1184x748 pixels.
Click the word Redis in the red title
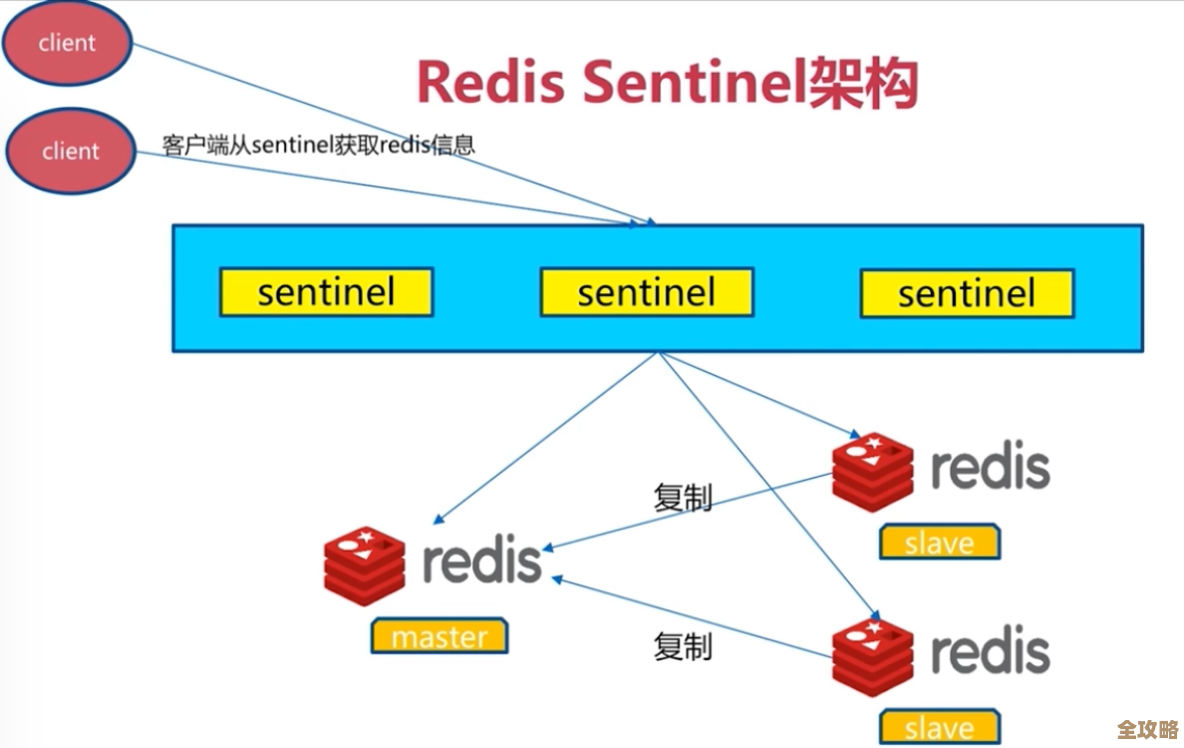click(491, 83)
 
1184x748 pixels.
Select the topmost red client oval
click(67, 44)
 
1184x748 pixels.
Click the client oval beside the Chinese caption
click(70, 152)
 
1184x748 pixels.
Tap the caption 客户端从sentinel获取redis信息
click(318, 145)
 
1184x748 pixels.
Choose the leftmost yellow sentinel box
click(326, 292)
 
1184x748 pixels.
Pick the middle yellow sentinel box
click(646, 292)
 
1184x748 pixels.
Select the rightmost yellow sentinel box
click(966, 292)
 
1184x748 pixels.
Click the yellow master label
click(439, 636)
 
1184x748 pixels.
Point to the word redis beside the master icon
click(481, 561)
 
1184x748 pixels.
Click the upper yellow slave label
click(939, 543)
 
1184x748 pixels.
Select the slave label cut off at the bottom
click(939, 728)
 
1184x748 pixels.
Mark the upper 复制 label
click(683, 497)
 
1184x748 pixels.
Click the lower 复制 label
click(683, 646)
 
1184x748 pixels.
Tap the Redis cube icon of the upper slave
click(872, 472)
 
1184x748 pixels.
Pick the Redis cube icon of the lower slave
click(872, 657)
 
